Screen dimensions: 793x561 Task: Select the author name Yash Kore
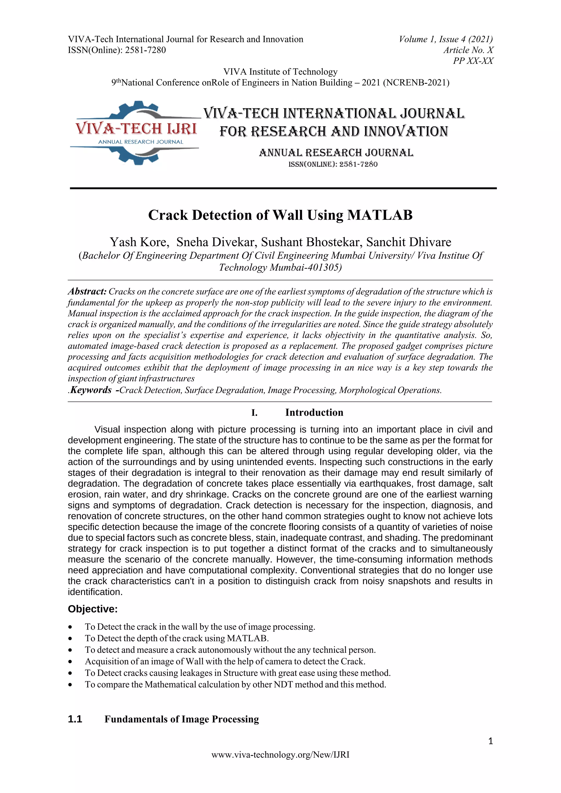139,242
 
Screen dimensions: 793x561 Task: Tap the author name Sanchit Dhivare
409,242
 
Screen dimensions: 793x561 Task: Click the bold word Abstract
87,292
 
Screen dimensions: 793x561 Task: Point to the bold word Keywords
91,390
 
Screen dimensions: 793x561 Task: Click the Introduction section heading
314,412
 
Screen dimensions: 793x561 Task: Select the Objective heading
93,609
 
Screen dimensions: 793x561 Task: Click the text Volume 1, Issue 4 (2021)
446,39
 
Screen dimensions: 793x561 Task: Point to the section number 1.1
75,719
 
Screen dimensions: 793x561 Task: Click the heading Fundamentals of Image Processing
182,719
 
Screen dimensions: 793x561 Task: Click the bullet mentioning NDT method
235,684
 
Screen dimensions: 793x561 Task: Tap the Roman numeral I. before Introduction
254,413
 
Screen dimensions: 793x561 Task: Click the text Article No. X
468,50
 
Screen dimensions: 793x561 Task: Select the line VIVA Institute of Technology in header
280,71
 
